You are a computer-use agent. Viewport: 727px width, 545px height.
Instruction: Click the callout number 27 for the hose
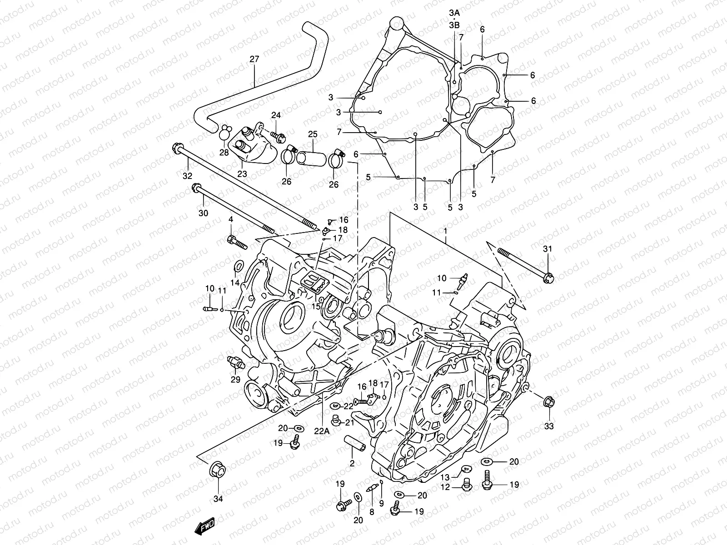click(x=254, y=59)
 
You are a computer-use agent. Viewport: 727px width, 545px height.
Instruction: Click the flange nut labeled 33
click(x=548, y=402)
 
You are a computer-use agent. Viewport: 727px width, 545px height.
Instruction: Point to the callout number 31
click(x=548, y=248)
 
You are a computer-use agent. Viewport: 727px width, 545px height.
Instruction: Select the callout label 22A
click(x=321, y=431)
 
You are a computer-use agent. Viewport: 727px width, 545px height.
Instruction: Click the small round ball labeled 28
click(x=224, y=134)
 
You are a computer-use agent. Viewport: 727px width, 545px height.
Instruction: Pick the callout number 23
click(x=242, y=173)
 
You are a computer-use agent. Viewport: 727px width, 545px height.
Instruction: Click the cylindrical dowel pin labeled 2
click(x=354, y=444)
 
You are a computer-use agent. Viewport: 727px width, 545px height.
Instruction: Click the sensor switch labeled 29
click(x=236, y=363)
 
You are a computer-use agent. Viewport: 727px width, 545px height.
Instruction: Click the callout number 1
click(x=446, y=231)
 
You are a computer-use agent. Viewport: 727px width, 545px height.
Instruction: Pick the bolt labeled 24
click(x=277, y=135)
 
